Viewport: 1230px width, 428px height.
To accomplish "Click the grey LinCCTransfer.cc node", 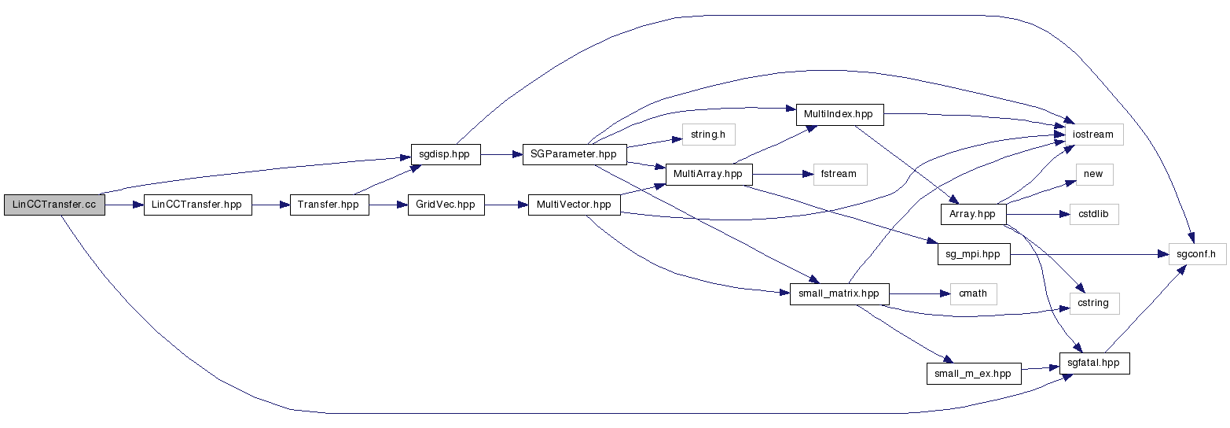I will [54, 205].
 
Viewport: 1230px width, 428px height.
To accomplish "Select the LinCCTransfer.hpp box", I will [197, 205].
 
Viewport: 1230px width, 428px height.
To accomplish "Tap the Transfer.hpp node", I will [329, 205].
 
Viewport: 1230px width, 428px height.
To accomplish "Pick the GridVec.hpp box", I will [446, 205].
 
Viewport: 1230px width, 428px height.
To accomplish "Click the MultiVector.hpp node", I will [574, 205].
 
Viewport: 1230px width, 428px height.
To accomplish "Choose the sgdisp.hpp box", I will [446, 154].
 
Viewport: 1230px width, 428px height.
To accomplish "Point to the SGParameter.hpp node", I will [574, 154].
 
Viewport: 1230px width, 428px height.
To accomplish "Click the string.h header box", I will [708, 135].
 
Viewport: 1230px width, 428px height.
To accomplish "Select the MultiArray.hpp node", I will [708, 174].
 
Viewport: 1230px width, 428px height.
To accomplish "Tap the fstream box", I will [839, 174].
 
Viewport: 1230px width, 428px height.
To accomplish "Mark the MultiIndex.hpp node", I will [839, 114].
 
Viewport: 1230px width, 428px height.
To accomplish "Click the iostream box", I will [1093, 135].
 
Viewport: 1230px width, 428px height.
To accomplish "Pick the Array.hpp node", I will [973, 214].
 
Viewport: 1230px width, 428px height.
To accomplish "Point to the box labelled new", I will [1093, 174].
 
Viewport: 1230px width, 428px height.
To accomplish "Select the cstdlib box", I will [1093, 214].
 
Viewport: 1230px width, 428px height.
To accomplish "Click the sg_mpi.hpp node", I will [973, 254].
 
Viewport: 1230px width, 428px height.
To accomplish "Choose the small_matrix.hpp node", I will [839, 294].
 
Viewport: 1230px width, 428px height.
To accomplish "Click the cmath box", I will [973, 294].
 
